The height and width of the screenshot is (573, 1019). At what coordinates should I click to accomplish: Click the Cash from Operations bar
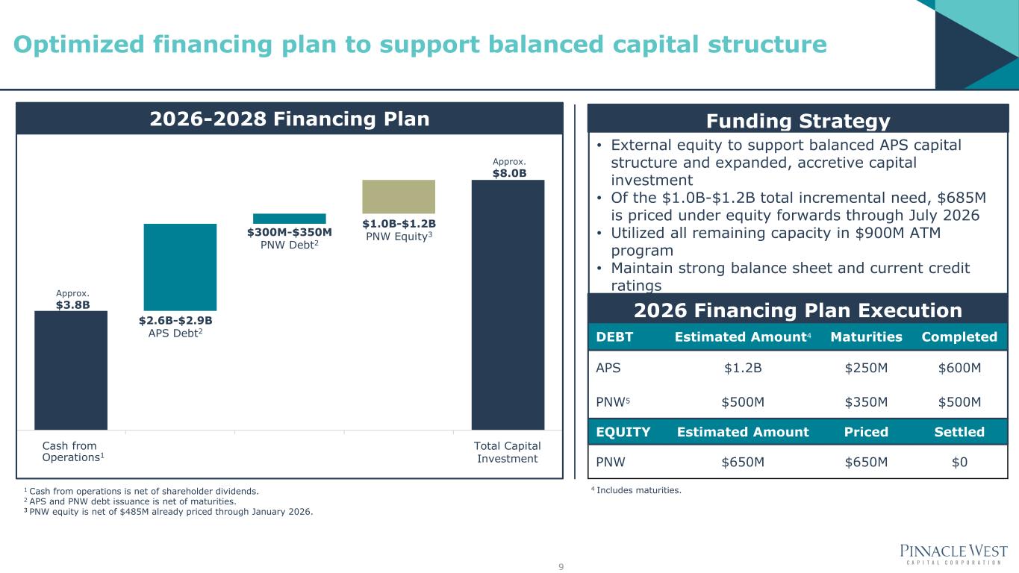point(71,370)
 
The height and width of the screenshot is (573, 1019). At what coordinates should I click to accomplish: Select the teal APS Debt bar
point(180,267)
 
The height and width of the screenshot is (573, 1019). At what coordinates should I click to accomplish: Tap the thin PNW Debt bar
point(290,219)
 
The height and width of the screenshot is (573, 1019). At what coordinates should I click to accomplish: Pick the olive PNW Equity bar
point(399,196)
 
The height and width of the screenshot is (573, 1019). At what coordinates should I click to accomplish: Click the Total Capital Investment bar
point(508,304)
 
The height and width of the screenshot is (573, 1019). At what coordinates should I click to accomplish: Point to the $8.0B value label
point(509,173)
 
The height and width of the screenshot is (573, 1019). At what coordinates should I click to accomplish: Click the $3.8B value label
point(73,305)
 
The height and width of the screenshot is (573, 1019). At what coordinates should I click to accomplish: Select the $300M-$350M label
point(290,232)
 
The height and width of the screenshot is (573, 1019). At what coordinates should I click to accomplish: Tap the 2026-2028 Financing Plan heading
point(290,119)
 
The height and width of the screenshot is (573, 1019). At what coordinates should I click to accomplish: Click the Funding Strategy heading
point(798,121)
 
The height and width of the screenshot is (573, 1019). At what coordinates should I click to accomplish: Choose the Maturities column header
point(866,337)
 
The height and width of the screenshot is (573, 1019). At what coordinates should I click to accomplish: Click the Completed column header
point(959,337)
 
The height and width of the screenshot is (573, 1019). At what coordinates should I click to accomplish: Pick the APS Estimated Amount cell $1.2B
point(743,367)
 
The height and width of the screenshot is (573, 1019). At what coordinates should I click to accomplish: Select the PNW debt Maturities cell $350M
point(866,402)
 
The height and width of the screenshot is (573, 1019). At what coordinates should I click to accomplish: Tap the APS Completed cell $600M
point(959,367)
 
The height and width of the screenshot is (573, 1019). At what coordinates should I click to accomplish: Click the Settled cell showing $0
point(959,462)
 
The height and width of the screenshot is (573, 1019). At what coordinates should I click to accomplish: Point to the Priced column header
point(866,431)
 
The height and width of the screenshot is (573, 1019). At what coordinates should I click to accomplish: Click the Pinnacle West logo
point(953,555)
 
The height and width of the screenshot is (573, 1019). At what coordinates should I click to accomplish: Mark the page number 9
point(561,566)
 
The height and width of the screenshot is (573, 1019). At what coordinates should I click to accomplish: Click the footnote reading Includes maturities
point(636,490)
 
